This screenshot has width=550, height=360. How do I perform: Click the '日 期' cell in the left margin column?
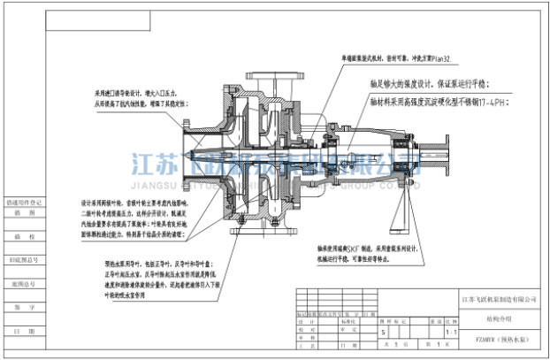(x=24, y=330)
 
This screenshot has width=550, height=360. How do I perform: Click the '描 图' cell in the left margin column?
(x=24, y=212)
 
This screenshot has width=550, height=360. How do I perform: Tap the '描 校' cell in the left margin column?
(x=24, y=236)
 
